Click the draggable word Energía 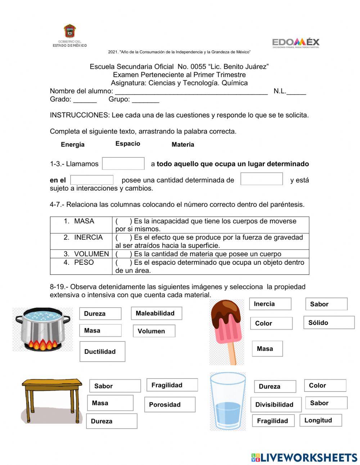click(73, 144)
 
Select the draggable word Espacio click(128, 144)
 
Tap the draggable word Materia click(183, 144)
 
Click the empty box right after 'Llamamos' click(123, 164)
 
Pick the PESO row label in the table click(84, 263)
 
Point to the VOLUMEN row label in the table click(91, 254)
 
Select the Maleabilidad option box click(156, 313)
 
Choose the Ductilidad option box click(102, 352)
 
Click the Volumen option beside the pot click(154, 331)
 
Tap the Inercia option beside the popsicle click(270, 304)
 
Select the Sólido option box click(329, 323)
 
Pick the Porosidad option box click(170, 404)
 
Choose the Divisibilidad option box click(276, 404)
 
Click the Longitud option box click(320, 420)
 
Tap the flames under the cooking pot click(42, 345)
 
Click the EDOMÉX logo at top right click(296, 43)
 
